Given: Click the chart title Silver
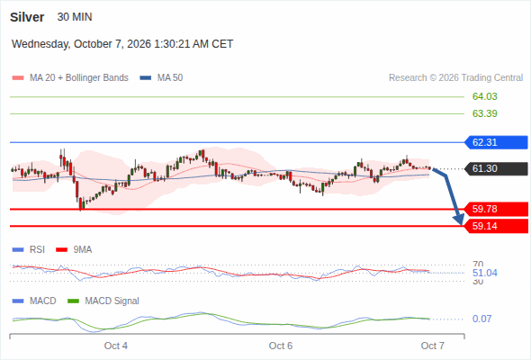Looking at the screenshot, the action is click(x=27, y=17).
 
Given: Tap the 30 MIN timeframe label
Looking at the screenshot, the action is click(x=75, y=17).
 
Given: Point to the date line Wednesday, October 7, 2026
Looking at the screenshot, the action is click(x=81, y=44).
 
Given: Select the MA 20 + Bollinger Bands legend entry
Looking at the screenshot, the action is click(x=70, y=78).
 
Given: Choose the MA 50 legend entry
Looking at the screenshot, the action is click(x=161, y=78).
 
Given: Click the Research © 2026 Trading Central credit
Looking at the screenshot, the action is click(x=455, y=78).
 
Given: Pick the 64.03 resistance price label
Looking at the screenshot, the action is click(x=484, y=96).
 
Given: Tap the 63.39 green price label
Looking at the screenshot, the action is click(x=484, y=113).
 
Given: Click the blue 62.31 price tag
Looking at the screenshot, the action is click(x=496, y=142).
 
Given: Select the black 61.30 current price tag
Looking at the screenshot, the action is click(x=496, y=168).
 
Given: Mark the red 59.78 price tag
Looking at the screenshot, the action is click(x=496, y=209).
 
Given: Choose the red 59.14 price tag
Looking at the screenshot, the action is click(x=496, y=226).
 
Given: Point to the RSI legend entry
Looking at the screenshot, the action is click(x=29, y=249).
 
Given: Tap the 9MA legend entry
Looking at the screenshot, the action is click(x=74, y=249).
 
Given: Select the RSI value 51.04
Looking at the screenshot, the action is click(x=484, y=273).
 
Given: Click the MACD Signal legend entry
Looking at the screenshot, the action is click(x=103, y=301).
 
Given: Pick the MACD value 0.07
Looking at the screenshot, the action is click(x=481, y=319).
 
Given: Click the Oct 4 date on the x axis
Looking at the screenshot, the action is click(x=116, y=346).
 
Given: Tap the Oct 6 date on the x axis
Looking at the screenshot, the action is click(x=281, y=346).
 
